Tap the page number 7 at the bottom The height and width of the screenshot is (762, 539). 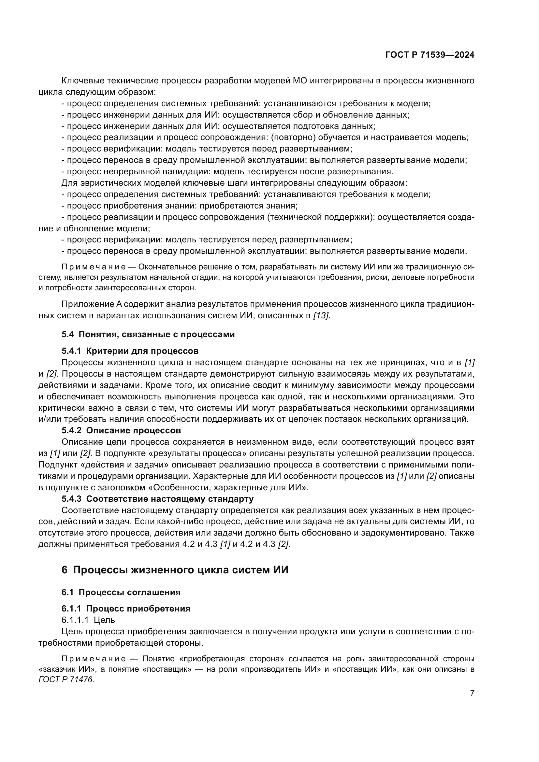(472, 693)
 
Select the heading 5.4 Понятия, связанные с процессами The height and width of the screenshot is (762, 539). (148, 334)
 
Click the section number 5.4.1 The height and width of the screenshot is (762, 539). (71, 351)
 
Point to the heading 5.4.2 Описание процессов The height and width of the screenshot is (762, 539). (121, 430)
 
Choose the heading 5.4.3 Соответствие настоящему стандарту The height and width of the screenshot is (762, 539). (157, 499)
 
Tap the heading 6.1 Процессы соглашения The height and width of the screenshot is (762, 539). (121, 592)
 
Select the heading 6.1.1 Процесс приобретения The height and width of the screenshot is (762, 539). (126, 609)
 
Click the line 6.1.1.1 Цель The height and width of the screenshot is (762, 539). (88, 620)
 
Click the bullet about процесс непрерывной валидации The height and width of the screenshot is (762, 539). (227, 172)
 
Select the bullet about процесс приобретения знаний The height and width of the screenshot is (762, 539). (179, 206)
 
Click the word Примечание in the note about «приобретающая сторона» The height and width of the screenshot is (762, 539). (94, 659)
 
